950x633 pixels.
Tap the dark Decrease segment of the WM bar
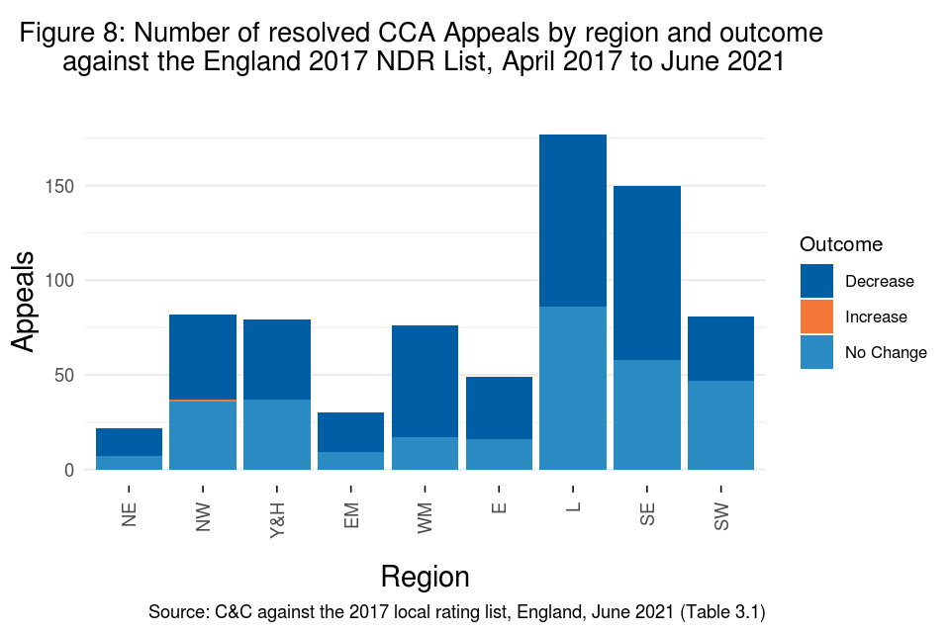(425, 381)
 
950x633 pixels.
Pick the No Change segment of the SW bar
(720, 425)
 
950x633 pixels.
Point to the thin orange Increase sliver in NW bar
(203, 400)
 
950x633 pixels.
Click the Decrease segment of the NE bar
(129, 442)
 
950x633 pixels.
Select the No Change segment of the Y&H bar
(277, 434)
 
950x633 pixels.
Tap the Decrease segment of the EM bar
(350, 432)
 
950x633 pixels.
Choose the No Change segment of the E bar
(499, 454)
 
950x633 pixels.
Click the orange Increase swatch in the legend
(816, 316)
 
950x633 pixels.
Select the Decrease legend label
(879, 281)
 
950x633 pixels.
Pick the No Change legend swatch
(816, 352)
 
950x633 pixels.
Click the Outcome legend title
(840, 244)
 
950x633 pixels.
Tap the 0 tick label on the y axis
(68, 470)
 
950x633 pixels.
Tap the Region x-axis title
(425, 577)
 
